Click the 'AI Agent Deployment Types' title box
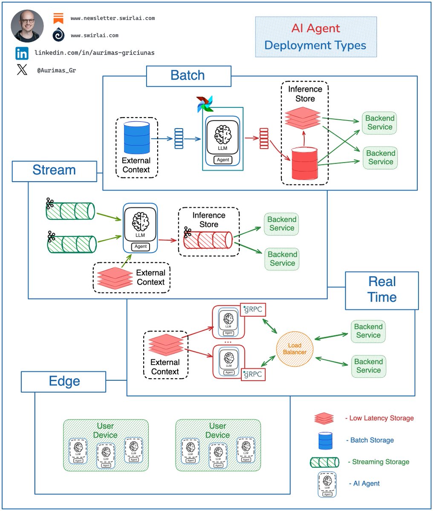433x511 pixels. click(316, 37)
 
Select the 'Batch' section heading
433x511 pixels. click(188, 76)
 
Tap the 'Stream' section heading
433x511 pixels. click(54, 170)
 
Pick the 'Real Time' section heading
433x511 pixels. click(382, 290)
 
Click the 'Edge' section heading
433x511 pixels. click(64, 381)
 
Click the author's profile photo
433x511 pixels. click(27, 26)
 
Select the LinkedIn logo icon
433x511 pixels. click(22, 53)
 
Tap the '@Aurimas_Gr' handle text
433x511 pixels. click(56, 71)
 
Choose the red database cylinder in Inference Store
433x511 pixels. click(304, 163)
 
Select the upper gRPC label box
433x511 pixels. click(253, 310)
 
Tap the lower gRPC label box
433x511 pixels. click(253, 374)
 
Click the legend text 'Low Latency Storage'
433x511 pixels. click(381, 419)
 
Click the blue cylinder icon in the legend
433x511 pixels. click(326, 440)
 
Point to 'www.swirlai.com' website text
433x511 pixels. click(95, 36)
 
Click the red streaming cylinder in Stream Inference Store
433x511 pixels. click(208, 240)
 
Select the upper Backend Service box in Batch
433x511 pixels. click(379, 123)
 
